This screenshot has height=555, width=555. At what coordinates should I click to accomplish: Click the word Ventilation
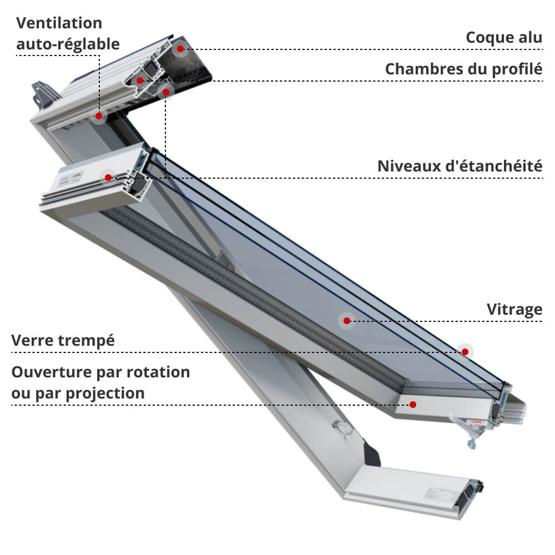click(x=59, y=23)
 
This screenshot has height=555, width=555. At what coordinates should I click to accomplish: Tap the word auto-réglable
click(x=68, y=44)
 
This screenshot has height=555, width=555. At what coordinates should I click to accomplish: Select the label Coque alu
click(x=504, y=38)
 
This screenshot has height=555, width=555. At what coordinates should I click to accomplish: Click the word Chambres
click(x=427, y=69)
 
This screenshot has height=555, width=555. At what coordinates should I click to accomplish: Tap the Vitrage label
click(x=514, y=310)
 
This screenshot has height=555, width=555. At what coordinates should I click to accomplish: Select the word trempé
click(x=87, y=341)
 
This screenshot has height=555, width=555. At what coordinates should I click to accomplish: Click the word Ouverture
click(x=52, y=372)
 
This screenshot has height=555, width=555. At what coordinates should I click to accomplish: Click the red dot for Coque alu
click(x=180, y=49)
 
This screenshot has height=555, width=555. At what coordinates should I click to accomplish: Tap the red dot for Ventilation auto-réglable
click(x=99, y=116)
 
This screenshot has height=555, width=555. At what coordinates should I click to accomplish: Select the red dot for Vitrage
click(x=347, y=321)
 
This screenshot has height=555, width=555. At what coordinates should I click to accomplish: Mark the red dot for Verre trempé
click(x=465, y=351)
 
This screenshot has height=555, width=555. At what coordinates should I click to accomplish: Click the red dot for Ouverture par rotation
click(x=413, y=404)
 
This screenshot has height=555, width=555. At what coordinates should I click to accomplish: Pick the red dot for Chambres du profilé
click(x=140, y=80)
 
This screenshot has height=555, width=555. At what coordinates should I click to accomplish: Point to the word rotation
click(x=158, y=372)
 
